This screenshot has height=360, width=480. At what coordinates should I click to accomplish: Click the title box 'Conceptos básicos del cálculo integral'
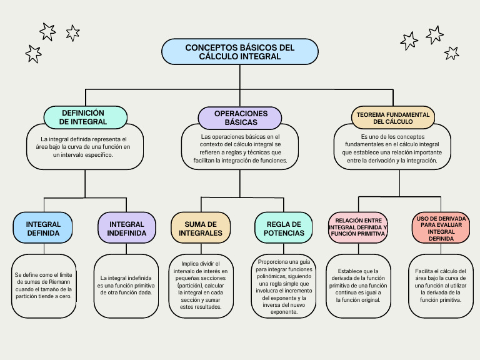(240, 52)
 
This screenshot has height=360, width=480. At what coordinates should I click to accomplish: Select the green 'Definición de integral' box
(86, 117)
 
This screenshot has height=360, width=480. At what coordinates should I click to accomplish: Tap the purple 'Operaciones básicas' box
(241, 117)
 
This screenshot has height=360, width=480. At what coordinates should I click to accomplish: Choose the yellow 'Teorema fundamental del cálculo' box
(393, 117)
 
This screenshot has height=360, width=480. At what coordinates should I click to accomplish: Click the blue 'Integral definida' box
(43, 229)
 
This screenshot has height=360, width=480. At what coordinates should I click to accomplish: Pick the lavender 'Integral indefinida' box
(127, 229)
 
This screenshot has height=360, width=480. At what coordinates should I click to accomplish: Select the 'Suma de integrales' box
(201, 229)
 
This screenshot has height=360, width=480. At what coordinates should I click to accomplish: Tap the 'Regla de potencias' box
(284, 229)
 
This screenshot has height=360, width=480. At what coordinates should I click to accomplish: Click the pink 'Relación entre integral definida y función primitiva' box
(358, 229)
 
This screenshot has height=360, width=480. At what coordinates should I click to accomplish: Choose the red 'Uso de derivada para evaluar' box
(441, 229)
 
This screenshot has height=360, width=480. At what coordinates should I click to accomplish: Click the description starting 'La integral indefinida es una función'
(126, 285)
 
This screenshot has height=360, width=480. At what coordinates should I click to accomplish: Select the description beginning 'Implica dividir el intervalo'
(201, 285)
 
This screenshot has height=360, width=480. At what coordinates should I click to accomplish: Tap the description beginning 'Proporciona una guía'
(284, 285)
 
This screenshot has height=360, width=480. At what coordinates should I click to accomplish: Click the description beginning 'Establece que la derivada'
(358, 285)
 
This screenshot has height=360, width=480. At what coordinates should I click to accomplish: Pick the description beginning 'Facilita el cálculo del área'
(441, 285)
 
